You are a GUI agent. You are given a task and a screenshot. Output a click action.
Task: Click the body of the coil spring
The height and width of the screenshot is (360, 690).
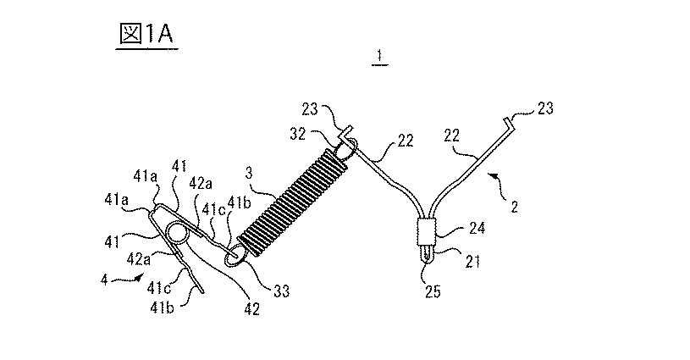point(293,201)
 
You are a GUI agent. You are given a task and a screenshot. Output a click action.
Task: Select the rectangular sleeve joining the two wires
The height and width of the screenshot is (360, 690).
point(427,230)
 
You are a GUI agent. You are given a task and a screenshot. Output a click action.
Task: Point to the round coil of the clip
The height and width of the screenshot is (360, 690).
point(179,233)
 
